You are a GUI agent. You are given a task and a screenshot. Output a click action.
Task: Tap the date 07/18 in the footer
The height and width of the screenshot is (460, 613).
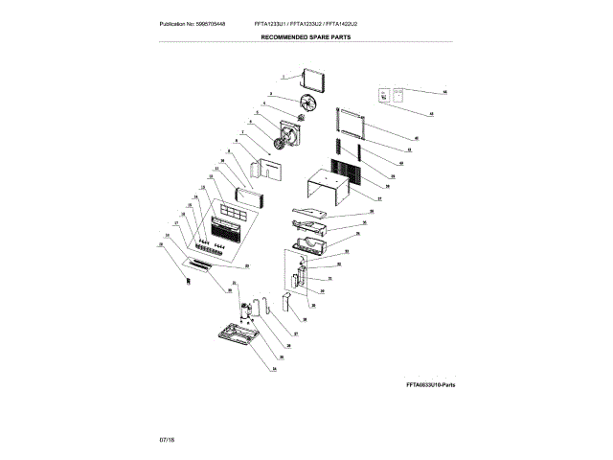coord(167,437)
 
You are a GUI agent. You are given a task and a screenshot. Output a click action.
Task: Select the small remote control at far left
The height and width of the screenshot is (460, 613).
coord(188,280)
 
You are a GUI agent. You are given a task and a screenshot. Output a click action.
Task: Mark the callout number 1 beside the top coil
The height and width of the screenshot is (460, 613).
coord(284,76)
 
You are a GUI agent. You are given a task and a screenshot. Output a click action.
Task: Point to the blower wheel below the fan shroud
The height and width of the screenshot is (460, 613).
coord(279,144)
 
